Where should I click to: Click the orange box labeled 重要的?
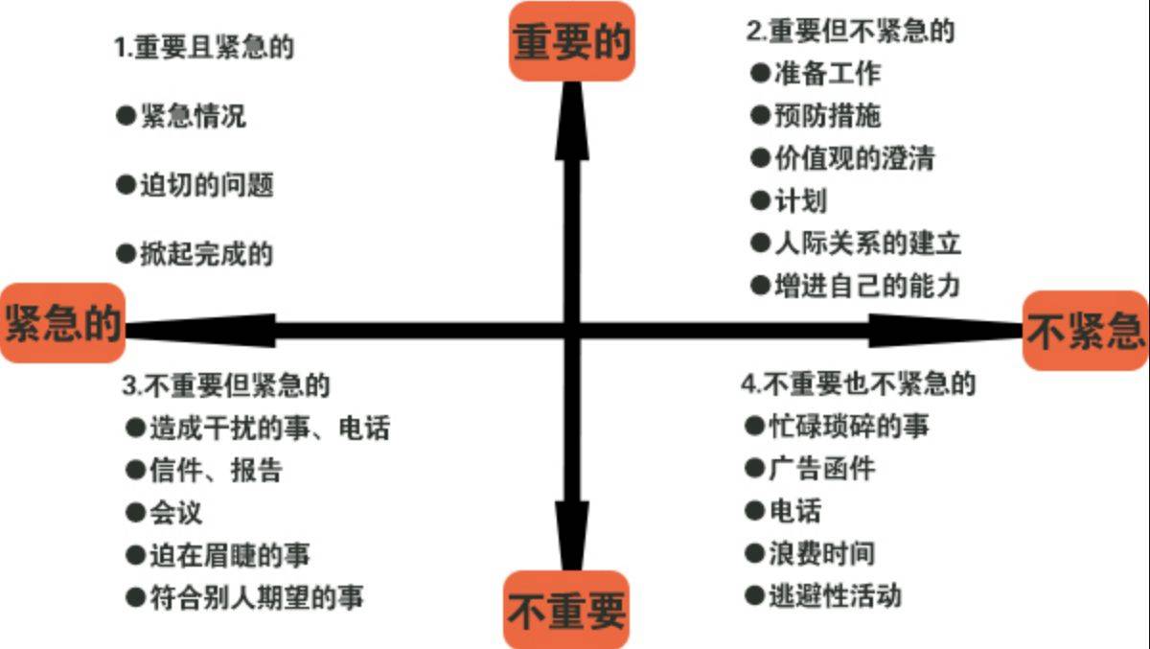tap(571, 41)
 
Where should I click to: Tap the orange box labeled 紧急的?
tap(62, 323)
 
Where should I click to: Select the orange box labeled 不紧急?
tap(1085, 331)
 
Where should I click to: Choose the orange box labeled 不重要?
tap(566, 610)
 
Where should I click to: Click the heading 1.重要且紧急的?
tap(204, 47)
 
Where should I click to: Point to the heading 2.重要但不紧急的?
tap(850, 31)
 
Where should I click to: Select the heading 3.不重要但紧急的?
tap(226, 385)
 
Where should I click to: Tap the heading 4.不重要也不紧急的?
tap(859, 384)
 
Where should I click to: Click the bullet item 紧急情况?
tap(194, 116)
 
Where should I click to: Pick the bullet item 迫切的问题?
tap(207, 185)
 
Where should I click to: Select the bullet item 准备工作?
tap(828, 73)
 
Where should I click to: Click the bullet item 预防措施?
tap(828, 115)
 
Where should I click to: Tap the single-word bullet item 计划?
tap(801, 200)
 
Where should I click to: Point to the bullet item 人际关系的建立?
tap(867, 243)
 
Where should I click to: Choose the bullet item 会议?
tap(176, 513)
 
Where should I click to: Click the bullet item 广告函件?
tap(822, 469)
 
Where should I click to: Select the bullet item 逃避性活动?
tap(836, 596)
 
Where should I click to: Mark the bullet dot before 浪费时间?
tap(755, 553)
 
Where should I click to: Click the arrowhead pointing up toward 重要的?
tap(572, 121)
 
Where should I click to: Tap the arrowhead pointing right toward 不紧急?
tap(946, 331)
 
